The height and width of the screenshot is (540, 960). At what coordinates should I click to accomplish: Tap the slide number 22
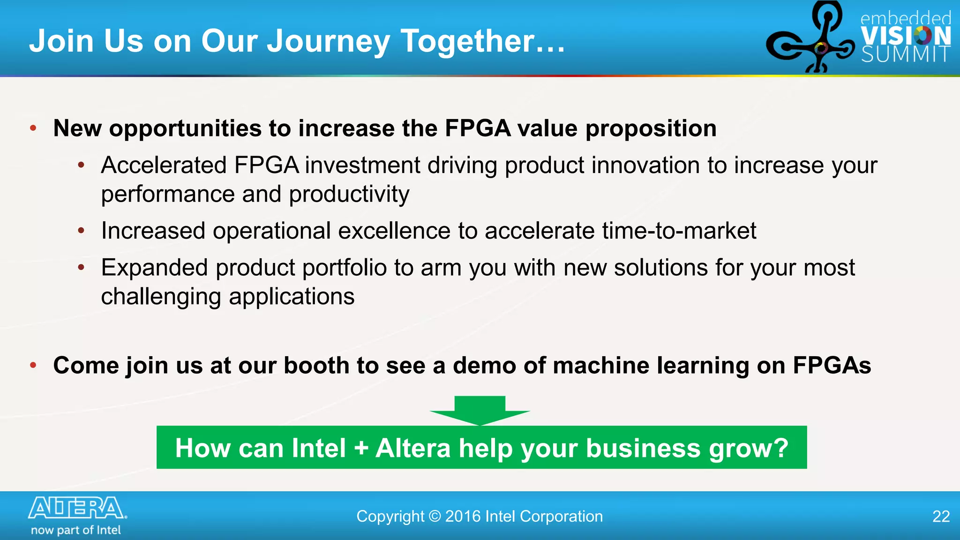click(941, 516)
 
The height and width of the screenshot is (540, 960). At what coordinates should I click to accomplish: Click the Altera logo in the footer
click(77, 508)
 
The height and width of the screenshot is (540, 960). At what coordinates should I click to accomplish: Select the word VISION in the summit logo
click(906, 36)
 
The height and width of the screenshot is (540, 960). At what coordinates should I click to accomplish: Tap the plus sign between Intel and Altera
click(361, 448)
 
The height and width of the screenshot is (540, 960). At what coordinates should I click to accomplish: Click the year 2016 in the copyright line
click(463, 516)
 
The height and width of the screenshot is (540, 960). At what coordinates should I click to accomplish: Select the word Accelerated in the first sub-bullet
click(164, 165)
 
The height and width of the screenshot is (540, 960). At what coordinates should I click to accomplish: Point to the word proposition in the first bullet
click(651, 128)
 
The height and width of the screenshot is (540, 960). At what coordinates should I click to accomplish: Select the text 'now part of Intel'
click(76, 530)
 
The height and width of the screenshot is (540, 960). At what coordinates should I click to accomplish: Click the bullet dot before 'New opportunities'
click(33, 128)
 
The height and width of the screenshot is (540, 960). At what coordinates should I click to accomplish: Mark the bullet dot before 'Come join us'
click(33, 365)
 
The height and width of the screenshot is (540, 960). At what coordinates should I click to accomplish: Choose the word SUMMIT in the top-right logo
click(906, 55)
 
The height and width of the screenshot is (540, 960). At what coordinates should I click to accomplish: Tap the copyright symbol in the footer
click(435, 516)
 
